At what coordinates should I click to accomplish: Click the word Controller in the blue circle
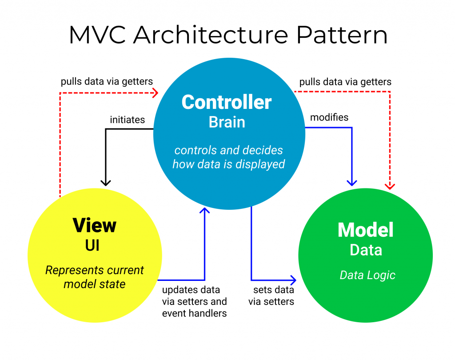227,102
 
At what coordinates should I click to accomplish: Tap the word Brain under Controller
227,122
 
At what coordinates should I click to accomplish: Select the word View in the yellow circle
95,225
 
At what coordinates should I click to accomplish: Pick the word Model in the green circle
366,230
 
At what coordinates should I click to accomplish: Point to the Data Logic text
367,275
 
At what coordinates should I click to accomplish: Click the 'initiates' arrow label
128,120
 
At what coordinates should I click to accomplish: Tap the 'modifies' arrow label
329,118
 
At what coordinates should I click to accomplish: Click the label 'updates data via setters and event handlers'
194,301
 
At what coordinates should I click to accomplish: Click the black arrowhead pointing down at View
105,182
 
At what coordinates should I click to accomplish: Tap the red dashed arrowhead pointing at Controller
155,92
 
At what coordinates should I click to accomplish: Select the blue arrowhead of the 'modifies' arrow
352,182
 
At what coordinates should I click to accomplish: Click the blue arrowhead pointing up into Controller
204,211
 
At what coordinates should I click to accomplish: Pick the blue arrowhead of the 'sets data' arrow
293,280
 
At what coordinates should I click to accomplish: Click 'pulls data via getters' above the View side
107,81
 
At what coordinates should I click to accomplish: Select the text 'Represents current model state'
95,277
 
